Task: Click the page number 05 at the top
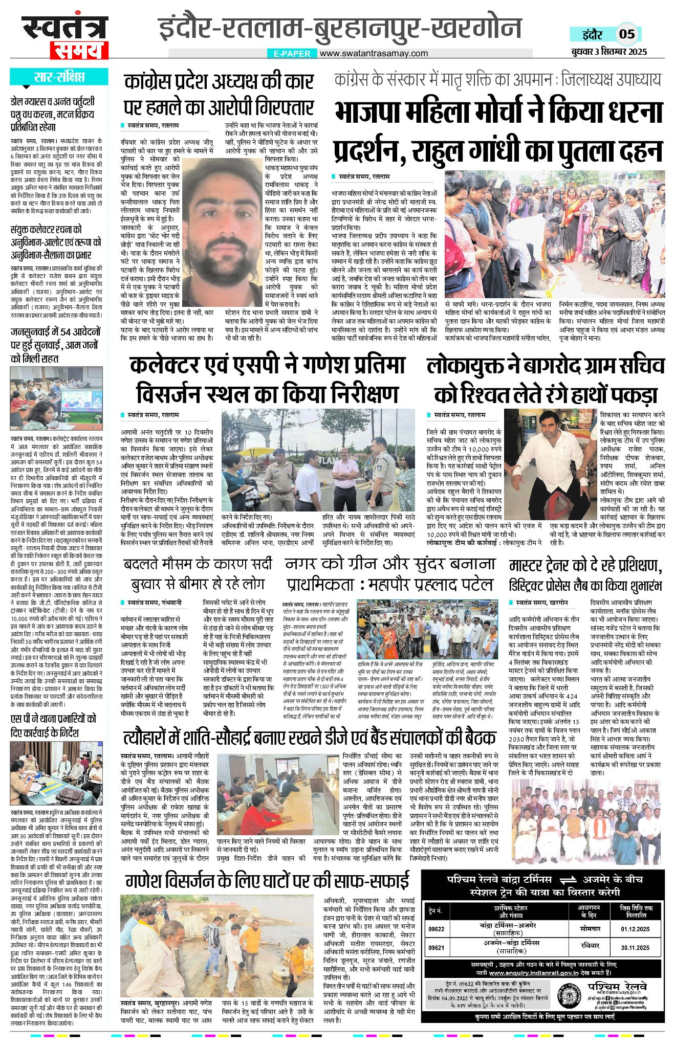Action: coord(627,34)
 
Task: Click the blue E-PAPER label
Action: coord(292,53)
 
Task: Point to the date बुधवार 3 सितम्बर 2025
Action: coord(609,51)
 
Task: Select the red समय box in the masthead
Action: coord(77,51)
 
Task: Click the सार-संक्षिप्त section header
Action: coord(59,78)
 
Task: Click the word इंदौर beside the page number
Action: coord(593,35)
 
